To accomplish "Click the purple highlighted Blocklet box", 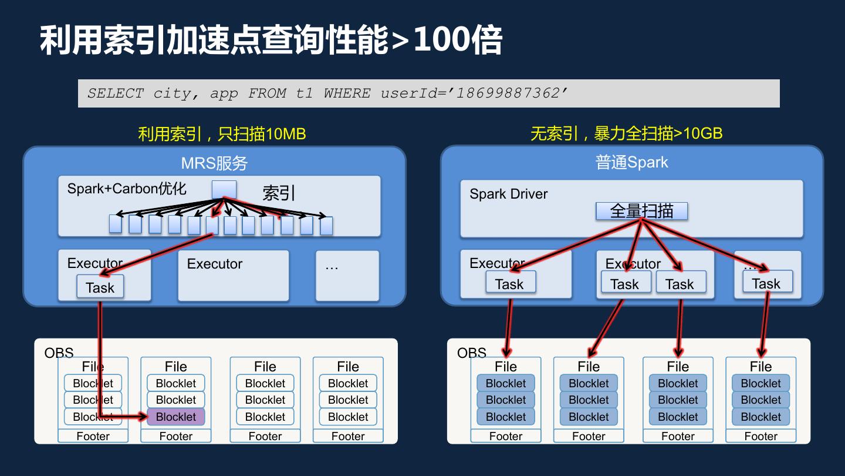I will click(175, 417).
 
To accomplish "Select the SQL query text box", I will click(428, 93).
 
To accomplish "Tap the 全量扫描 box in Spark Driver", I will click(641, 211).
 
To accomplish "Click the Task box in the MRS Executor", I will click(100, 287).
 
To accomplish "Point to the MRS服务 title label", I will click(214, 163).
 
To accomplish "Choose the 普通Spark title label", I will click(631, 162).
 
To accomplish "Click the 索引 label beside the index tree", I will click(279, 193).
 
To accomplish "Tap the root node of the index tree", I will click(224, 190).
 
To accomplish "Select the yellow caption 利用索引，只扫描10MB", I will click(222, 134).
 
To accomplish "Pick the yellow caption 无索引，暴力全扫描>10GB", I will click(626, 133).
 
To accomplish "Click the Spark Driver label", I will click(508, 194).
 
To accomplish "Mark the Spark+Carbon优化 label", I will click(127, 189).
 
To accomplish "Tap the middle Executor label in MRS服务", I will click(214, 264).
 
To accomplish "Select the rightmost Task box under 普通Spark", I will click(766, 283).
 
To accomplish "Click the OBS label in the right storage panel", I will click(471, 353).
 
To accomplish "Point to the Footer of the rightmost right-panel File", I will click(760, 436).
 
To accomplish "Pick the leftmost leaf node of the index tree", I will click(116, 224).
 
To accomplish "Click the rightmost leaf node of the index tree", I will click(326, 226).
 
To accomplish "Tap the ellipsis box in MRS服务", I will click(347, 275).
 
